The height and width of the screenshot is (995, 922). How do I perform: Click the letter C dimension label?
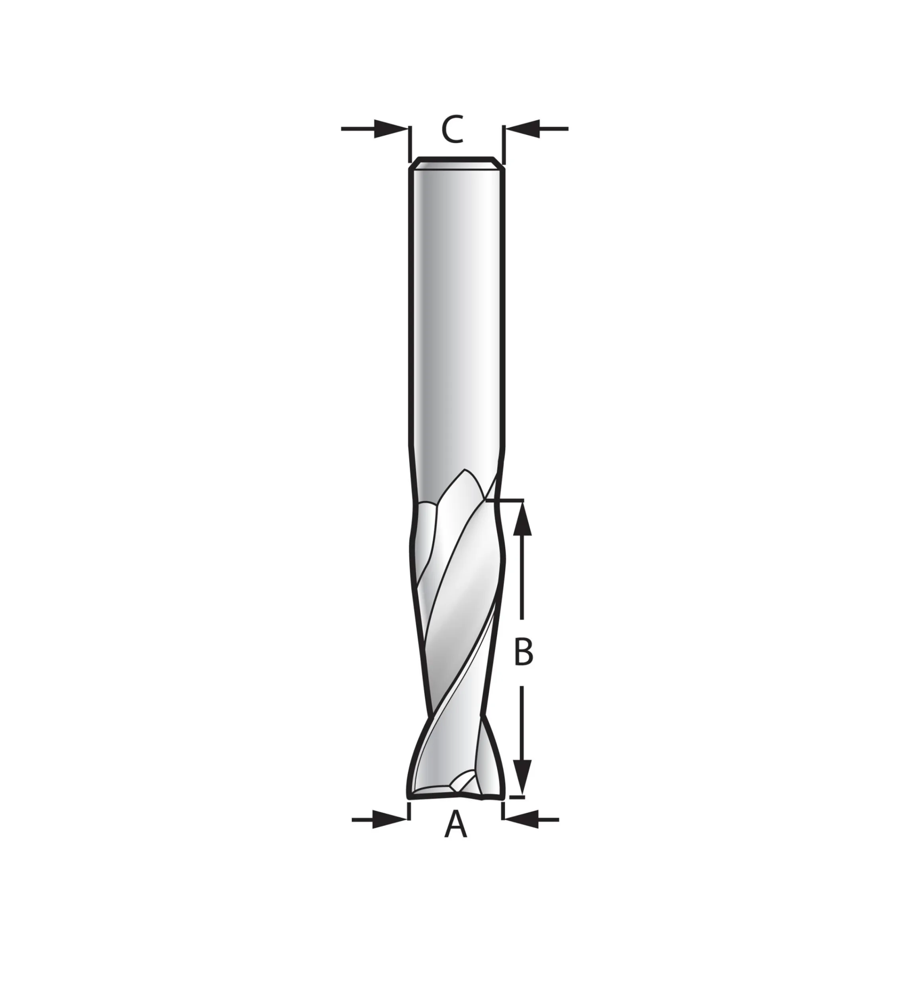point(453,130)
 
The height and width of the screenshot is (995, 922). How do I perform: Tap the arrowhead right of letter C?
point(522,129)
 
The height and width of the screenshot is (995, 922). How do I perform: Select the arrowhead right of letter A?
point(522,833)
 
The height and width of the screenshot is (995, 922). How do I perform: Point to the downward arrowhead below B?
point(522,791)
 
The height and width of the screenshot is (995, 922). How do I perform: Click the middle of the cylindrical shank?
point(456,309)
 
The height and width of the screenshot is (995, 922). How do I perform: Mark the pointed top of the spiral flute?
point(465,470)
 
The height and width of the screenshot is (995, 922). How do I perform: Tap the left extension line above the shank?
point(410,144)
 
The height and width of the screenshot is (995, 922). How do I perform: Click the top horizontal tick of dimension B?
point(509,500)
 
